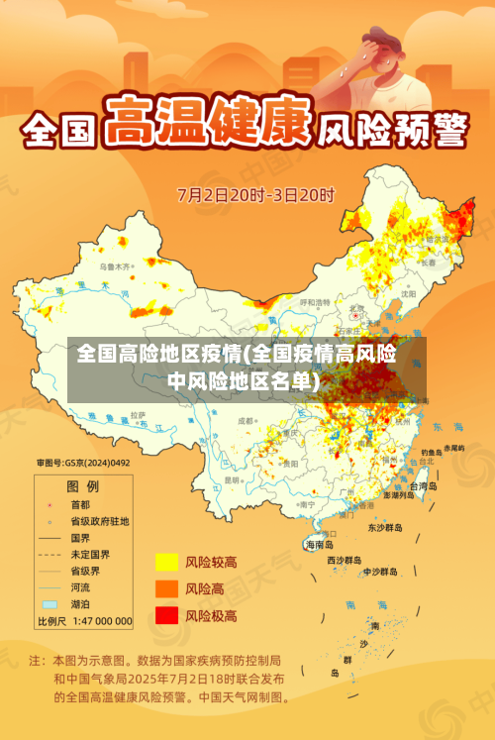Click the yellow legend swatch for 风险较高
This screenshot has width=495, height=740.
click(x=165, y=562)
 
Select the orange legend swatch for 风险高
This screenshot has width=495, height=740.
click(x=165, y=588)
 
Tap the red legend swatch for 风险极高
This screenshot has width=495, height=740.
click(x=165, y=615)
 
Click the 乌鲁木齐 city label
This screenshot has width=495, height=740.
click(x=115, y=267)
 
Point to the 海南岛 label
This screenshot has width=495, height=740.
click(x=319, y=545)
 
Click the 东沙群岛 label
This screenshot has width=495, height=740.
click(x=385, y=528)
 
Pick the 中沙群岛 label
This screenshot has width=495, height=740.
click(x=379, y=572)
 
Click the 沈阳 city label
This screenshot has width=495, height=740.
click(x=408, y=294)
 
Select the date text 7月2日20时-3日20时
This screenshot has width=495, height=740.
click(x=256, y=193)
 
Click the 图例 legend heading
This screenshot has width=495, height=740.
click(x=82, y=486)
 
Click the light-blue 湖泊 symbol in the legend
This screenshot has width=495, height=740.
click(x=49, y=603)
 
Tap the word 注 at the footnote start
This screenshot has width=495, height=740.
click(x=36, y=660)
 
